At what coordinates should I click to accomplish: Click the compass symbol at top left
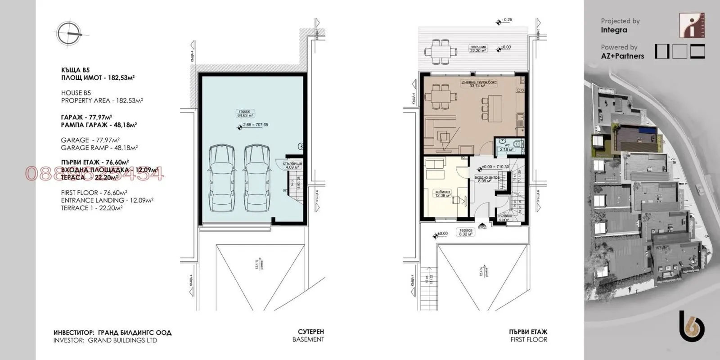click(69, 34)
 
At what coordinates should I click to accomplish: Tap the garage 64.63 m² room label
click(245, 113)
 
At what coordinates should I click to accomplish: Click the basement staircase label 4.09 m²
click(292, 165)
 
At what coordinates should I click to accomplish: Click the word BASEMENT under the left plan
click(308, 340)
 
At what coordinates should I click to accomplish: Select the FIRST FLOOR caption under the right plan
click(529, 340)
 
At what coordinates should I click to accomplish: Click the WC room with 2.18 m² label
click(507, 147)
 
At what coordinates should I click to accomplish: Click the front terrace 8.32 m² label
click(466, 232)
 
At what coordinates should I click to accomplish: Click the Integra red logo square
click(692, 26)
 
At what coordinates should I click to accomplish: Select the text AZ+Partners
click(622, 56)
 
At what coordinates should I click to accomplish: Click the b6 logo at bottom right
click(691, 326)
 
